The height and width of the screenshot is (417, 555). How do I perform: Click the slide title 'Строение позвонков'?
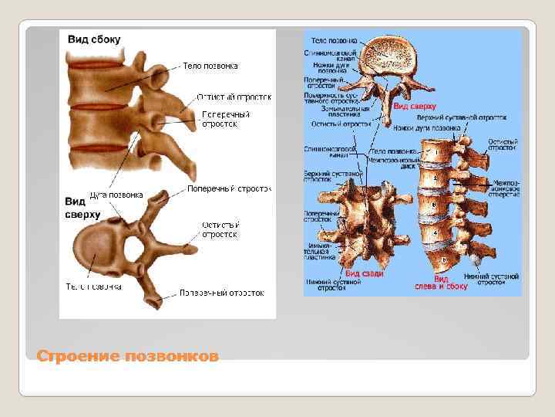click(128, 356)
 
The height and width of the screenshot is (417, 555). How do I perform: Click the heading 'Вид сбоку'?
click(94, 39)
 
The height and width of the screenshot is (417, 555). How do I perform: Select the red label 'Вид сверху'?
click(415, 106)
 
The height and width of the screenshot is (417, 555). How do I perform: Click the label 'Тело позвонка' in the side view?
click(210, 66)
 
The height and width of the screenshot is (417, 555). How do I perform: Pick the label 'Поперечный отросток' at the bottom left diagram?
click(222, 293)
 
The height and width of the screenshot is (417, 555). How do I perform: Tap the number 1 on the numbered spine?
click(436, 153)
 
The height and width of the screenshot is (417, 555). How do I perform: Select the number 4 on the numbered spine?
click(436, 232)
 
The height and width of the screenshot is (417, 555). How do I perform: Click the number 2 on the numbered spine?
click(436, 178)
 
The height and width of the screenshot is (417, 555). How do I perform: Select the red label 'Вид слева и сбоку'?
click(450, 282)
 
